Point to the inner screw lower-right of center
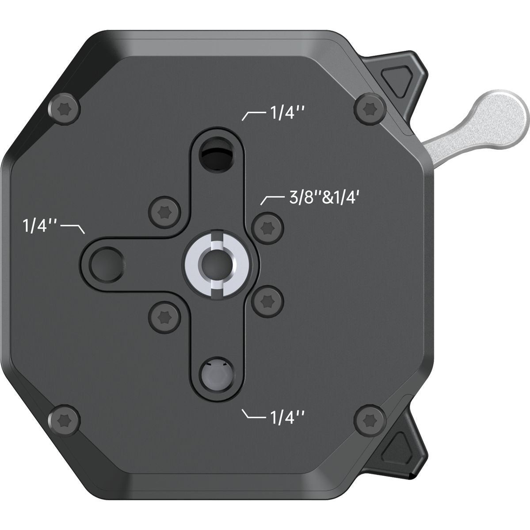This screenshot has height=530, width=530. [268, 301]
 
